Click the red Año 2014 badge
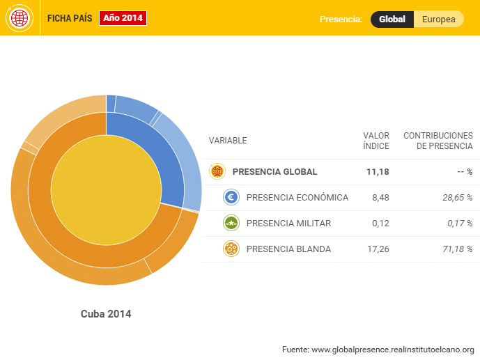123,18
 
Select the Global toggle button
392,19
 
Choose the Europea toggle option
439,19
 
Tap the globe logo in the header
19,18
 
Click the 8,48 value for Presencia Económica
380,198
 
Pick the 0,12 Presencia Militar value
380,224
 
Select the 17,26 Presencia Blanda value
378,249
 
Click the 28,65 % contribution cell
457,198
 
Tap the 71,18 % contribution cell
457,249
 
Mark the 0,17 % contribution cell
459,224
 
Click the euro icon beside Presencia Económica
231,197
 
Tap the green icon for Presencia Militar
231,223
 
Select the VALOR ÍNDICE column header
376,141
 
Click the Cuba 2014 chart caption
106,314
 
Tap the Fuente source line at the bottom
378,349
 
